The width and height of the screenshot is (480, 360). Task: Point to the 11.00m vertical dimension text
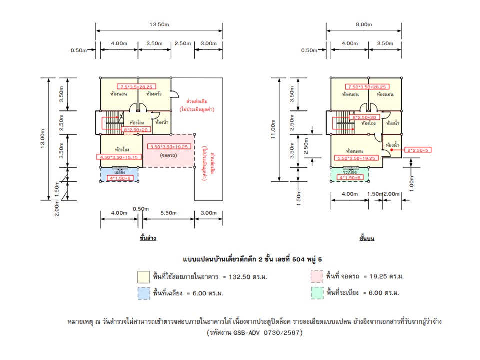click(x=273, y=129)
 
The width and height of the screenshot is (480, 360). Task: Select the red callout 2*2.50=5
click(x=418, y=149)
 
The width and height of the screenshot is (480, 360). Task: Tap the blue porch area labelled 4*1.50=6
click(x=119, y=174)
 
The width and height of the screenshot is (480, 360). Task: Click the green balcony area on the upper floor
click(x=349, y=174)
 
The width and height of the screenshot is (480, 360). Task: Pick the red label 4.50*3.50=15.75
click(x=119, y=157)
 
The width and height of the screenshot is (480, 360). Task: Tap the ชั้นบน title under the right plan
click(x=367, y=238)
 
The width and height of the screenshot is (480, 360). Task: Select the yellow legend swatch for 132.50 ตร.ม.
click(x=143, y=277)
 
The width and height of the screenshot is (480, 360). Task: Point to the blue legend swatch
click(x=143, y=293)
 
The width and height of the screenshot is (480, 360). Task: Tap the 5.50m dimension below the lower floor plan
click(x=169, y=213)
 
